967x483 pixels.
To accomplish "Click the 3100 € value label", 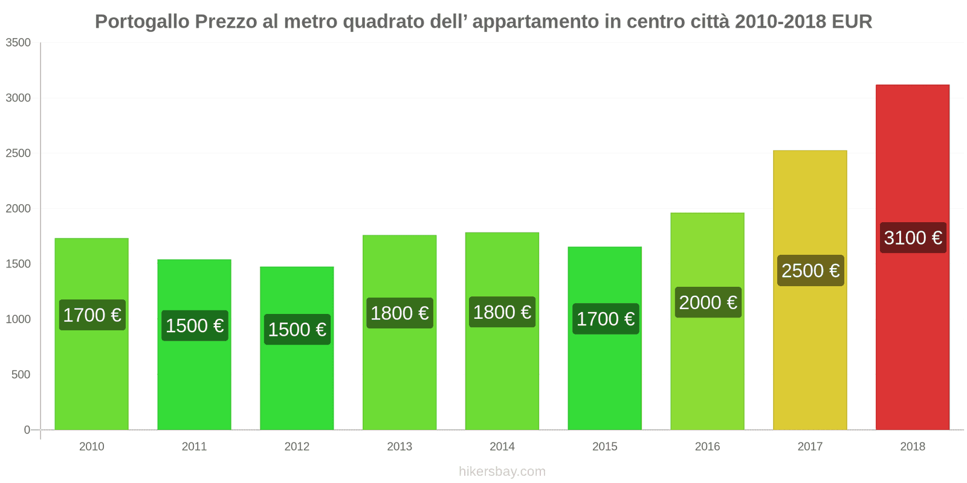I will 913,237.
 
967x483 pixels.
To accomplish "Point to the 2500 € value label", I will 810,270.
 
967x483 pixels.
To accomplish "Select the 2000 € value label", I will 708,302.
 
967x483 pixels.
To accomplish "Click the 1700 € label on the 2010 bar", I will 92,315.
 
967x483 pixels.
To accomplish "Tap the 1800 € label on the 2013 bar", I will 399,313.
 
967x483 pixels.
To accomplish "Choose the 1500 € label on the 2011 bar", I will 195,326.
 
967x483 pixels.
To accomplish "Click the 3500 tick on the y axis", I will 18,43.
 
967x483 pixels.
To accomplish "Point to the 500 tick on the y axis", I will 21,375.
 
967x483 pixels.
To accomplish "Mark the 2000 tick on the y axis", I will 18,209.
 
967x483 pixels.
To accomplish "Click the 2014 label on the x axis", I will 502,447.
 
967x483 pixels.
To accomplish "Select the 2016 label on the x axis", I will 707,447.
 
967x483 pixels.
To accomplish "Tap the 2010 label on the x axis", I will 92,447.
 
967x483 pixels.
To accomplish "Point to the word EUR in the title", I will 852,22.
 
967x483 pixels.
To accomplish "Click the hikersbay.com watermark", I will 502,472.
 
